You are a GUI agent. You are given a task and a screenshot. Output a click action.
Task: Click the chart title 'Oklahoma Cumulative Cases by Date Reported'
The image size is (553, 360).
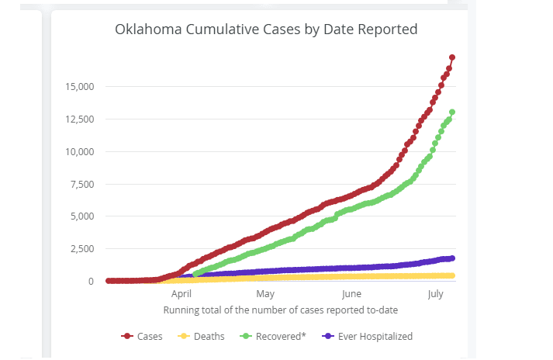pos(266,30)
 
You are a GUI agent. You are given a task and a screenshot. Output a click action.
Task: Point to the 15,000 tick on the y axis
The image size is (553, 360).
pos(78,86)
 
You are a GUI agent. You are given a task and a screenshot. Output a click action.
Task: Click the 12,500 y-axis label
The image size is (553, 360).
pos(78,119)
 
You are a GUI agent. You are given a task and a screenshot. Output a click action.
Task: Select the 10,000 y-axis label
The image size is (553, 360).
pos(78,151)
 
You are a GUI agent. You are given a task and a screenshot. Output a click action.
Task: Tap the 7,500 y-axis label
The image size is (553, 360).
pos(81,184)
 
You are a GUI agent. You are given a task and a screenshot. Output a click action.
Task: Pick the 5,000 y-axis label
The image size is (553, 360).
pos(81,216)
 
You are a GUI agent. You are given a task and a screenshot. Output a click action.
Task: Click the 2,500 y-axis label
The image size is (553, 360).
pos(81,249)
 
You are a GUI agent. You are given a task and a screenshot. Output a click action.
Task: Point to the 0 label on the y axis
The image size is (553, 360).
pos(91,282)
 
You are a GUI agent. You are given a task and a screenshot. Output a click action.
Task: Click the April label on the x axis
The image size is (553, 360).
pos(181,295)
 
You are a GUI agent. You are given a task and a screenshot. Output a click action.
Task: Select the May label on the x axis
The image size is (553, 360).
pos(265,295)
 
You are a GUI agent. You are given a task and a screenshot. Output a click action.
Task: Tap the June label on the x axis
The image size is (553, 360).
pos(351,295)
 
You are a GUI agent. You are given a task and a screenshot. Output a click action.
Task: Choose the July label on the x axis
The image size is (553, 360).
pos(435,295)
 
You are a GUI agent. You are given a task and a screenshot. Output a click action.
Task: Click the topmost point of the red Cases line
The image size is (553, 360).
pos(452,57)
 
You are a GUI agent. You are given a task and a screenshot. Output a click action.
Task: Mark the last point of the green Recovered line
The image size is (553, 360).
pos(452,112)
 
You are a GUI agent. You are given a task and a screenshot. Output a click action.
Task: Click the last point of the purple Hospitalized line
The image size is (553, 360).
pos(452,258)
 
